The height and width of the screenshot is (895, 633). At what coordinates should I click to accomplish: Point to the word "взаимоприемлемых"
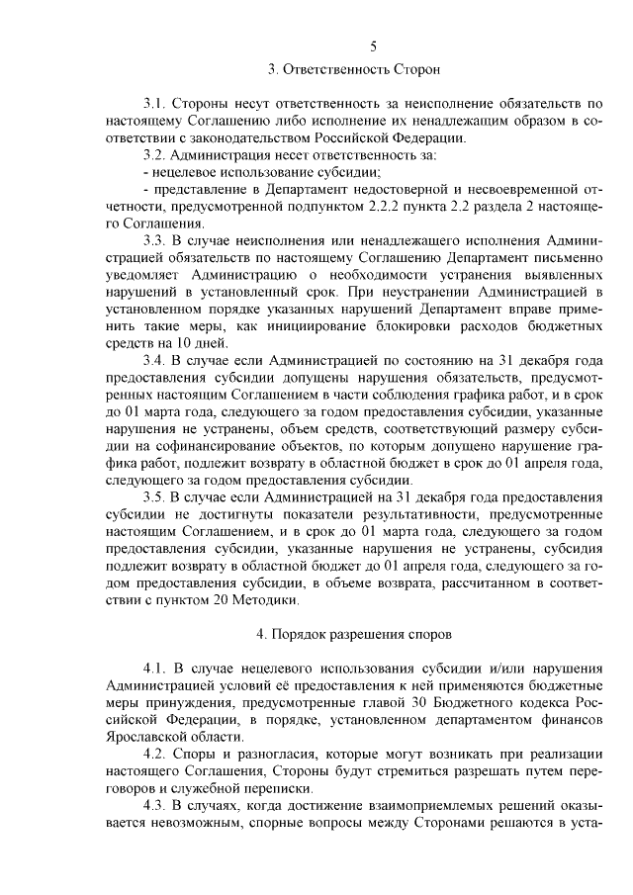pyautogui.click(x=419, y=806)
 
